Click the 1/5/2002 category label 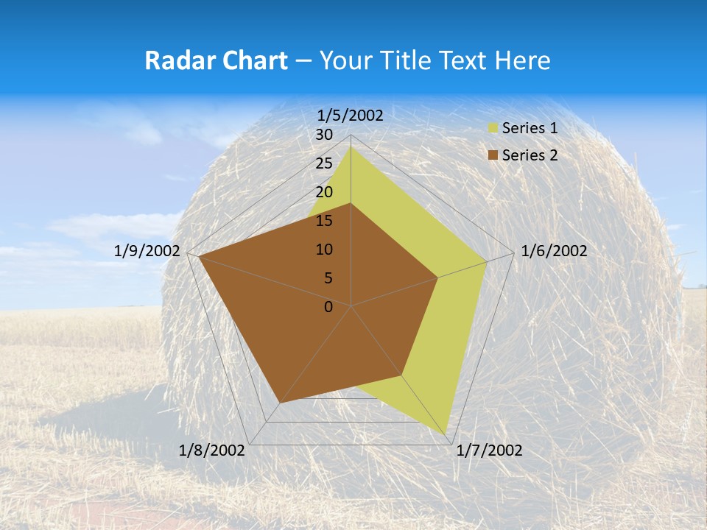tap(351, 115)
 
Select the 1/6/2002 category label tap(554, 251)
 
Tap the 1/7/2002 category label tap(490, 451)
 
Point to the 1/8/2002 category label tap(212, 451)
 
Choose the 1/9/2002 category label tap(147, 251)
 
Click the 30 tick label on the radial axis tap(324, 135)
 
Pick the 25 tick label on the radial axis tap(324, 163)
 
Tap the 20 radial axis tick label tap(324, 192)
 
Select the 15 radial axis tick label tap(324, 221)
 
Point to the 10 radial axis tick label tap(324, 250)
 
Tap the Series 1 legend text tap(530, 128)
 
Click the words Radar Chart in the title tap(216, 60)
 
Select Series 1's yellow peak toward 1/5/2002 tap(351, 146)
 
